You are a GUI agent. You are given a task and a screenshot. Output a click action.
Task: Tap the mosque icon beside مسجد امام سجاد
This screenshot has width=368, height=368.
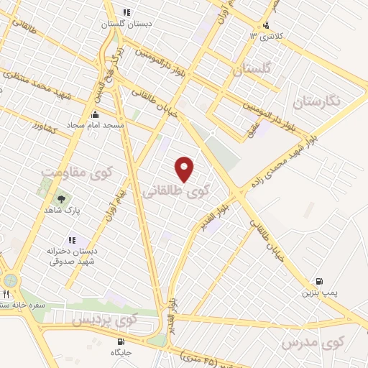coord(95,114)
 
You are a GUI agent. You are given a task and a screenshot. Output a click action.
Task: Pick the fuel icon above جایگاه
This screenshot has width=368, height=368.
coord(121,341)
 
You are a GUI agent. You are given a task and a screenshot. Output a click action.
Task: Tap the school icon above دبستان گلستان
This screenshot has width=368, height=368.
coord(126,12)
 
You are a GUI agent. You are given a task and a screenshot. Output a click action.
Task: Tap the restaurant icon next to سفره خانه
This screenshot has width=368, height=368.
coord(6,294)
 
